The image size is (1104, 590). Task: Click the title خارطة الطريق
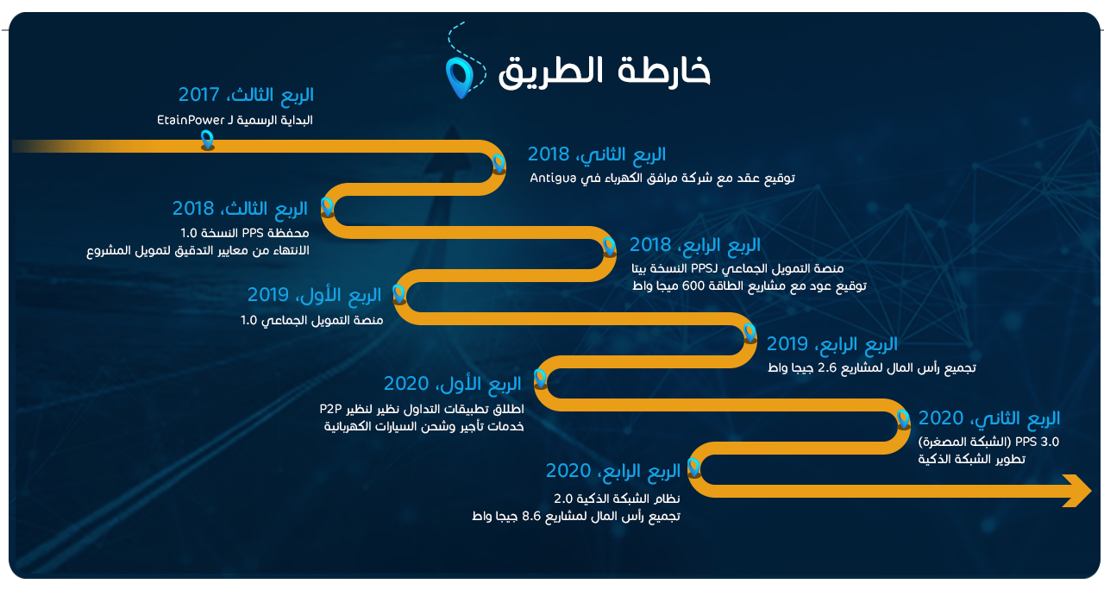tap(605, 72)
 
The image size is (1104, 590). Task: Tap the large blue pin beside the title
tap(460, 78)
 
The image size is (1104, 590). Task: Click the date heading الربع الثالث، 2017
tap(246, 94)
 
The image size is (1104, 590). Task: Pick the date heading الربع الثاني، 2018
tap(596, 154)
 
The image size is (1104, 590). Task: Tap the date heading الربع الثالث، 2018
tap(240, 208)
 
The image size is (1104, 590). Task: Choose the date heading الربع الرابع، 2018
tap(695, 244)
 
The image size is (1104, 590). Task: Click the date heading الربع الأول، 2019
tap(315, 294)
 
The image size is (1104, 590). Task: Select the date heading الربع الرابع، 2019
tap(832, 343)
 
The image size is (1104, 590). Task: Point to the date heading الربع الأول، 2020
tap(453, 384)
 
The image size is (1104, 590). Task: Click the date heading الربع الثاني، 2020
tap(989, 418)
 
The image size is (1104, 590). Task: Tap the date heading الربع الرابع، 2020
tap(612, 470)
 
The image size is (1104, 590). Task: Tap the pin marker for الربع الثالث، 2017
tap(208, 140)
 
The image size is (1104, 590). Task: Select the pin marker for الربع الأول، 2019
tap(398, 294)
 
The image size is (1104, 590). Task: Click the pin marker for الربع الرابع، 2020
tap(694, 468)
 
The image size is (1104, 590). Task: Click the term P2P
tap(330, 409)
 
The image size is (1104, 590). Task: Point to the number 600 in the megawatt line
tap(693, 286)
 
